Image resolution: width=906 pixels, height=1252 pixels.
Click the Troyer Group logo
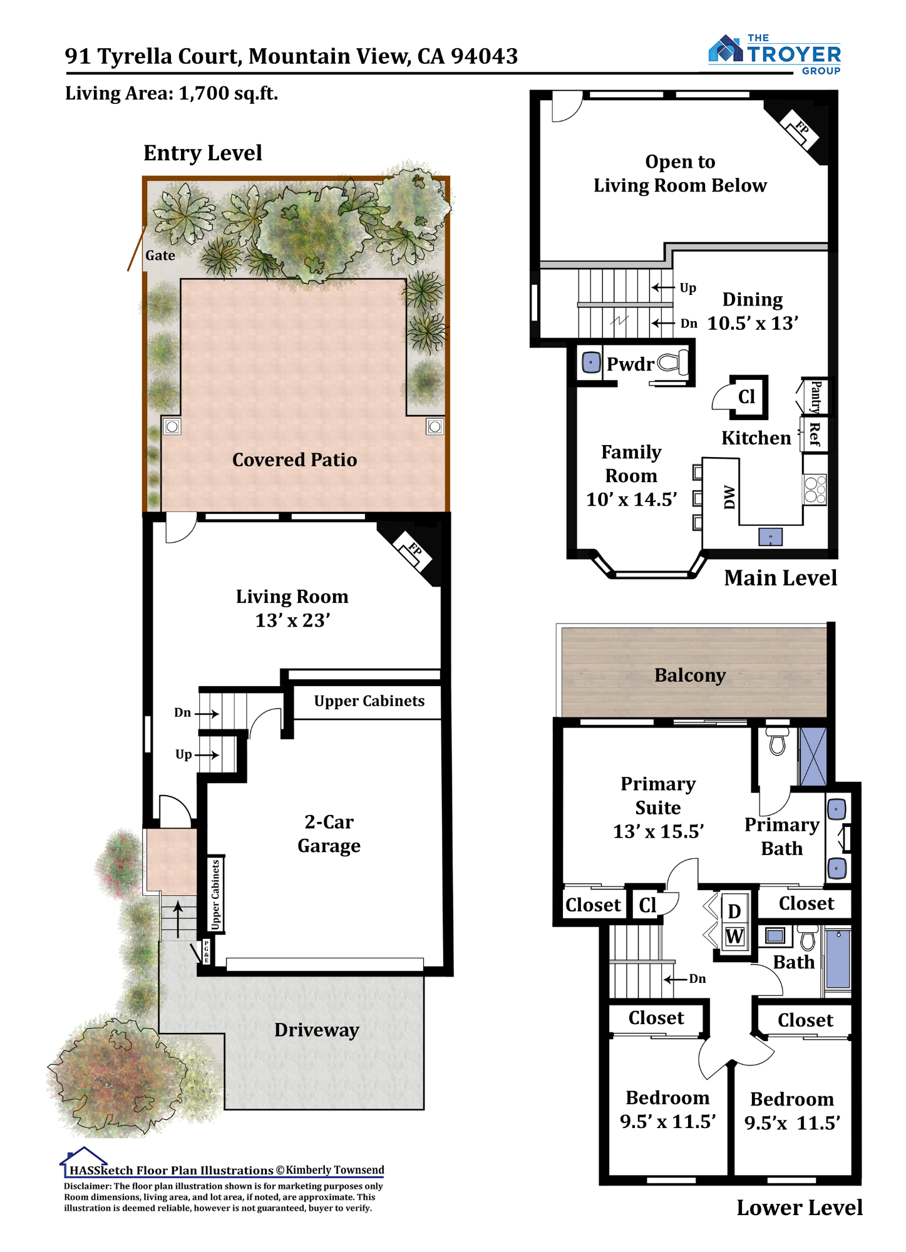click(775, 54)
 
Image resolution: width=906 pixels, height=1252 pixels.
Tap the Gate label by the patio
click(160, 255)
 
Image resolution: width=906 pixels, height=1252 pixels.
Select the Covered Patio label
click(294, 460)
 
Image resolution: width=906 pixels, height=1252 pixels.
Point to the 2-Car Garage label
click(329, 834)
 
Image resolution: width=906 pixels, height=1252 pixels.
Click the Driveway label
click(317, 1030)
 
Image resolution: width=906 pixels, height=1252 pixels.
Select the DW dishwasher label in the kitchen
click(729, 497)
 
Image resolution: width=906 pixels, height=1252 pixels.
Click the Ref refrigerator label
click(814, 434)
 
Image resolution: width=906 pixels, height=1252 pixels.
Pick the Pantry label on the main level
click(816, 397)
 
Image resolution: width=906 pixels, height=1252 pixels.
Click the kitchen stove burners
click(815, 490)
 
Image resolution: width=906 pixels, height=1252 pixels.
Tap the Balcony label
click(690, 675)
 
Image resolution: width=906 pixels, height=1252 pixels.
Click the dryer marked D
click(734, 911)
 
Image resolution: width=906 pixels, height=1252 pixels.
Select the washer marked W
click(734, 937)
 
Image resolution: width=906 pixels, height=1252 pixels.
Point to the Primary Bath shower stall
click(813, 756)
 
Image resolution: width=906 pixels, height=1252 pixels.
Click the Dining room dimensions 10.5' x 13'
click(753, 324)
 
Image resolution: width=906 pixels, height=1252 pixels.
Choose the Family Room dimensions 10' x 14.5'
click(631, 500)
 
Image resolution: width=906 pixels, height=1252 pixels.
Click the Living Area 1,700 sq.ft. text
click(172, 93)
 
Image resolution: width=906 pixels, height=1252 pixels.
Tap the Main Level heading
click(780, 578)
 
